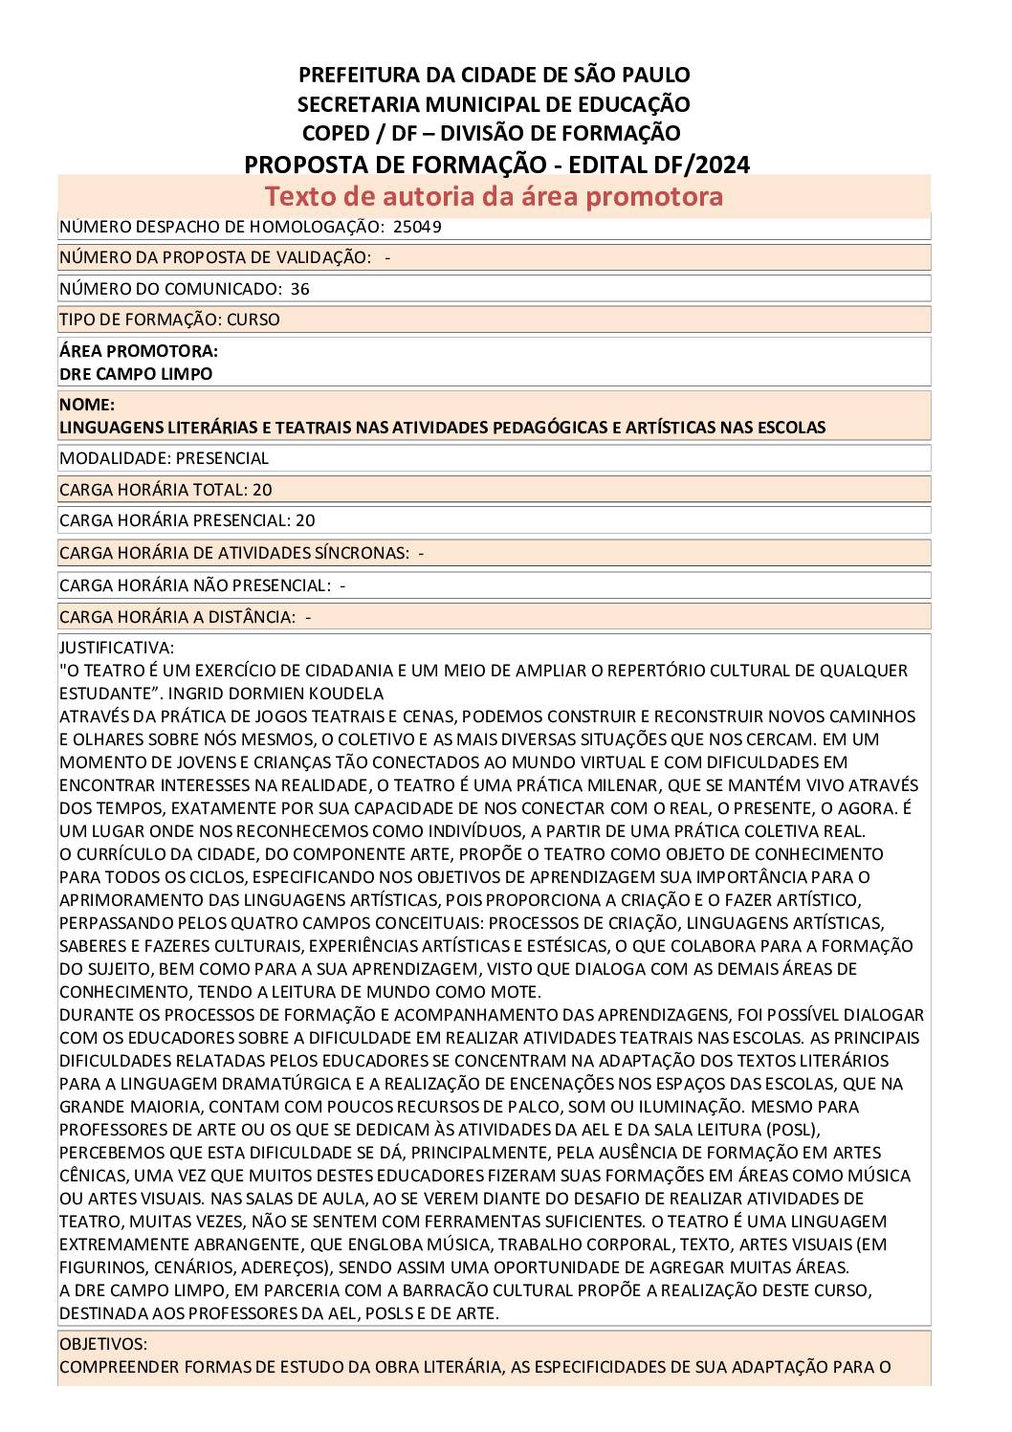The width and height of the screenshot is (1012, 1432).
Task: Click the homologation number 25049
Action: pyautogui.click(x=417, y=227)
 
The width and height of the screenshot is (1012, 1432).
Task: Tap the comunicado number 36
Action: pyautogui.click(x=299, y=289)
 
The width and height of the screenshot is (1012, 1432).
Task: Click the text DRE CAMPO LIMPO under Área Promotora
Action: pyautogui.click(x=136, y=374)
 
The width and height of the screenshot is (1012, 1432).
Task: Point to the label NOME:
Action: pyautogui.click(x=87, y=405)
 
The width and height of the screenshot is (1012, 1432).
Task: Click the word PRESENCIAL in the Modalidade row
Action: pyautogui.click(x=222, y=458)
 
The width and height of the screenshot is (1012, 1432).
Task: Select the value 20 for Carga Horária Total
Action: pyautogui.click(x=262, y=490)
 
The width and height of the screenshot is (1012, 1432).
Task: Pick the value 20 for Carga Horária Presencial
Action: pyautogui.click(x=305, y=520)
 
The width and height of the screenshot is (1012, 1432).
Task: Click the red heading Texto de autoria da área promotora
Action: pyautogui.click(x=494, y=196)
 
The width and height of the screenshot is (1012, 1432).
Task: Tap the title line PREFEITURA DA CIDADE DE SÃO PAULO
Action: pyautogui.click(x=494, y=75)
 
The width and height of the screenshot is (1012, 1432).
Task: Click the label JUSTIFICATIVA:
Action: pyautogui.click(x=117, y=648)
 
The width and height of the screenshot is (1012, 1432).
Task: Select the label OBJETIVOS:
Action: pyautogui.click(x=103, y=1344)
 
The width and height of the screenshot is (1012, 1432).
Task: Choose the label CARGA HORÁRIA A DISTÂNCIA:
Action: pyautogui.click(x=177, y=617)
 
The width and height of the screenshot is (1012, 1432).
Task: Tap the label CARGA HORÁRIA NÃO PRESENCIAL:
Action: pyautogui.click(x=195, y=584)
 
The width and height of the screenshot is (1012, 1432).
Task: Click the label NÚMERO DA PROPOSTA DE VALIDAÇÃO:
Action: pyautogui.click(x=215, y=257)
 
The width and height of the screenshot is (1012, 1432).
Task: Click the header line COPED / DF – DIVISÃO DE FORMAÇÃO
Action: pyautogui.click(x=492, y=133)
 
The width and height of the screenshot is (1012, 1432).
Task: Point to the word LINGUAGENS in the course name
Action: pyautogui.click(x=102, y=428)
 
